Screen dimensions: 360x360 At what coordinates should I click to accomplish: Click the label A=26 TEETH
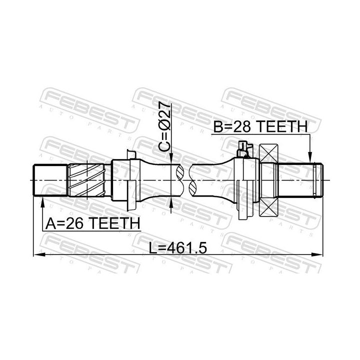tap(91, 223)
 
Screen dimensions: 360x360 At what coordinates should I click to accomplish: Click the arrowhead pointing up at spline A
tap(41, 201)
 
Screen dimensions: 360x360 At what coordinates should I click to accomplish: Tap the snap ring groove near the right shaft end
tap(312, 180)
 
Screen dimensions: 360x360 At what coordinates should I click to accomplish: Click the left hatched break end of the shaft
tap(179, 180)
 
